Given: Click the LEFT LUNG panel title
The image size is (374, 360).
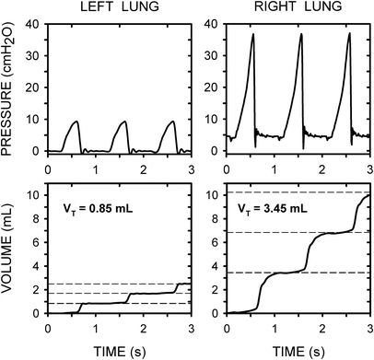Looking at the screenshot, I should [119, 8].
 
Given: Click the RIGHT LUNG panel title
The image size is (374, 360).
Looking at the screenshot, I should [298, 8].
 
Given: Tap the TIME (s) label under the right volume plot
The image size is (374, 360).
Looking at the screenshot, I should [298, 351].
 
